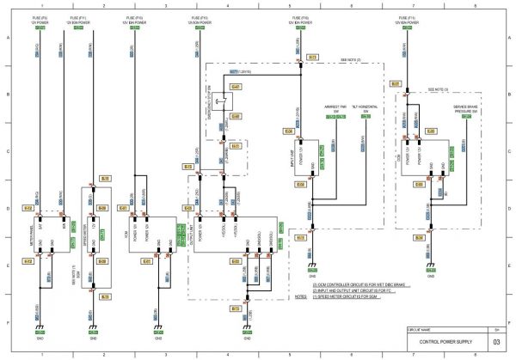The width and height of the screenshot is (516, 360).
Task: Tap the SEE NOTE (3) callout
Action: coord(439,88)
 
